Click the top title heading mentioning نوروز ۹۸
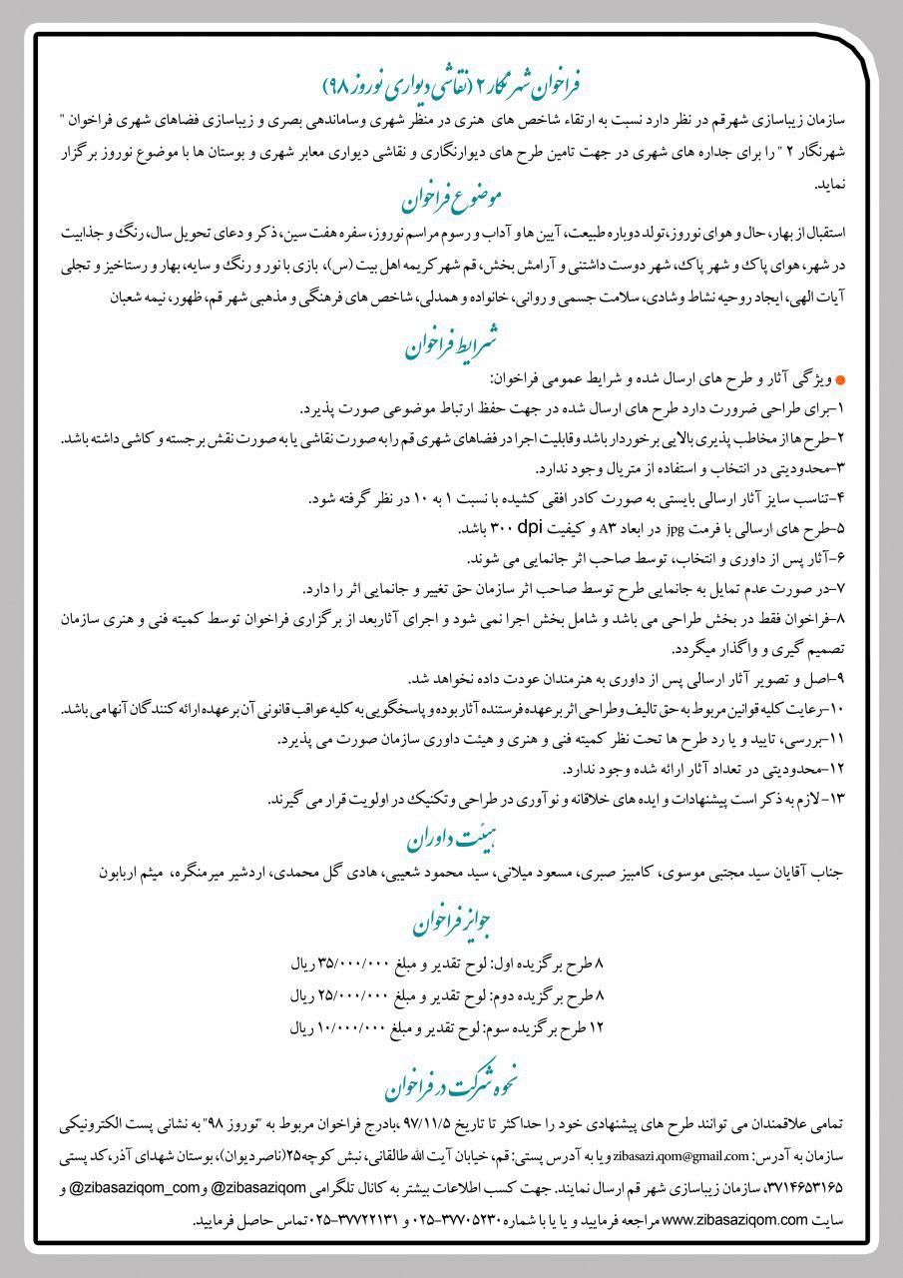[x=452, y=83]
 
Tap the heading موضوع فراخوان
[x=452, y=200]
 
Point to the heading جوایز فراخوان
[x=452, y=923]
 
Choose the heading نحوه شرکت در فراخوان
[x=452, y=1080]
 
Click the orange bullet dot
[x=839, y=381]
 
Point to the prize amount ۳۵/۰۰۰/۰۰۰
[x=354, y=964]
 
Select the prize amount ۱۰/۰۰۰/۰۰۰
[x=354, y=1026]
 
